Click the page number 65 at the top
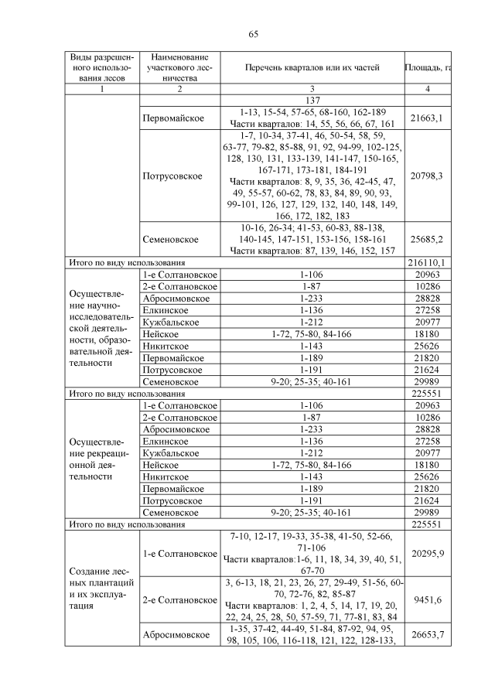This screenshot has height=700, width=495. (253, 34)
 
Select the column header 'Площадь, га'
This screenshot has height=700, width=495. (428, 68)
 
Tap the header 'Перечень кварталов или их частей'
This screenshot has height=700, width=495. (312, 68)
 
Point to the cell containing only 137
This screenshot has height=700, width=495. (312, 101)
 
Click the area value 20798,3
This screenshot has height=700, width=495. (428, 176)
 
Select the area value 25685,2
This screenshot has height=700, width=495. (428, 240)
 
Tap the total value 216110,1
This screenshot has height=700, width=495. (428, 264)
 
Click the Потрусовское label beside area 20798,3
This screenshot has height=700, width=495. (172, 176)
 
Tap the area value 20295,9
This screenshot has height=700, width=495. (428, 554)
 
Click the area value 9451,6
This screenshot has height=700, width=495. (428, 599)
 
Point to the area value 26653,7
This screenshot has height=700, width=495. (428, 635)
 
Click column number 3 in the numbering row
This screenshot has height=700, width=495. (312, 89)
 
